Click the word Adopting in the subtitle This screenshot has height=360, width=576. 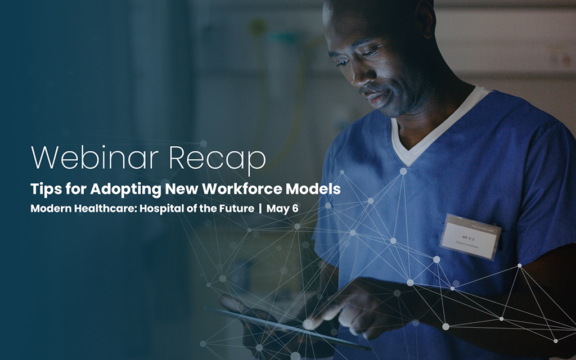[118, 190]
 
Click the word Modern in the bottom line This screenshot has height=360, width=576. [52, 208]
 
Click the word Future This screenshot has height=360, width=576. [234, 208]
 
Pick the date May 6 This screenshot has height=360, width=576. [282, 208]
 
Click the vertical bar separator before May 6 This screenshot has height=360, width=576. [260, 208]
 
